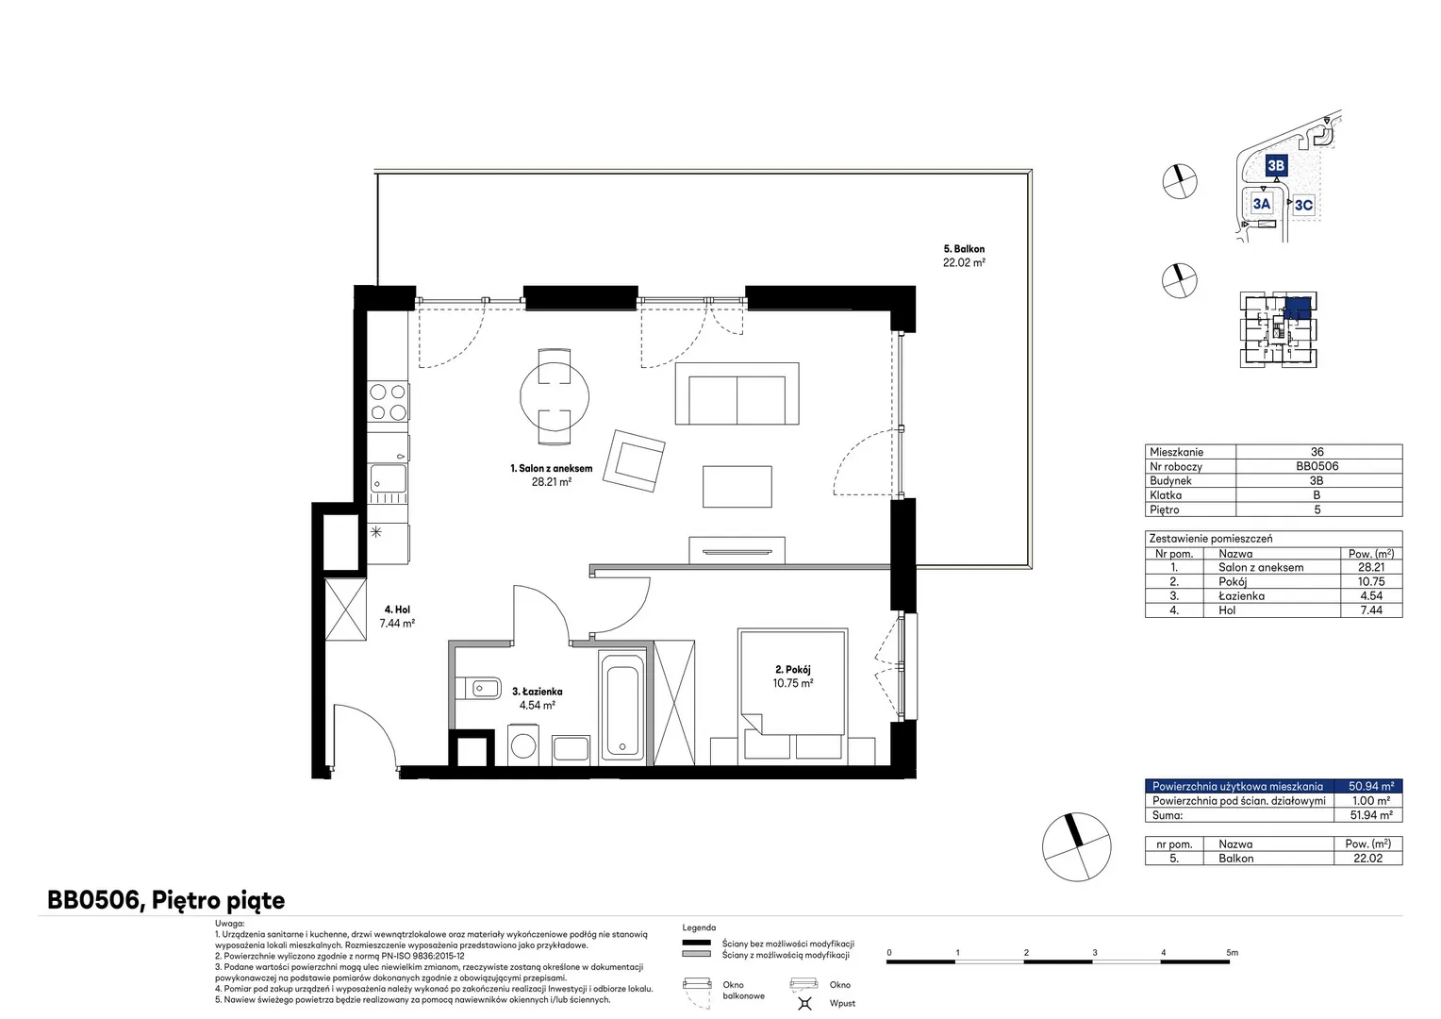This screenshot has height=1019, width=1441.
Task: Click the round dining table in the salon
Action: [x=554, y=396]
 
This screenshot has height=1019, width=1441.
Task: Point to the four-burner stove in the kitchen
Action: [x=388, y=402]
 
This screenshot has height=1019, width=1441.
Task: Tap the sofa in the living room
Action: [x=737, y=393]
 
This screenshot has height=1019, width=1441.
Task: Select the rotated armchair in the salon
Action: [x=634, y=460]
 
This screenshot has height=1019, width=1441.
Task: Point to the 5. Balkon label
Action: [x=964, y=249]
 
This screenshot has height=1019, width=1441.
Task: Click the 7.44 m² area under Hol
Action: [x=397, y=623]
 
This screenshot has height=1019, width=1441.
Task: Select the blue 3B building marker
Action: [x=1276, y=165]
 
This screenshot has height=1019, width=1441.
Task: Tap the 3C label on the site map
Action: [x=1303, y=205]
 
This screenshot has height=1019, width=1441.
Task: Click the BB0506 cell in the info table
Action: [x=1317, y=466]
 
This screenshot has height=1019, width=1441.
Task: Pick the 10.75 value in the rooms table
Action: [x=1371, y=581]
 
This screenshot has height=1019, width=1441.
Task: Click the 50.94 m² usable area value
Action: [x=1371, y=786]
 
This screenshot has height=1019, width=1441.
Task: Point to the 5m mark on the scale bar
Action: [x=1232, y=953]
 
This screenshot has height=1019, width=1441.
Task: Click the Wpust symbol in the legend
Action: [x=804, y=1004]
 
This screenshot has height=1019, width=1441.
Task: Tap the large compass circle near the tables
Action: [x=1076, y=846]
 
